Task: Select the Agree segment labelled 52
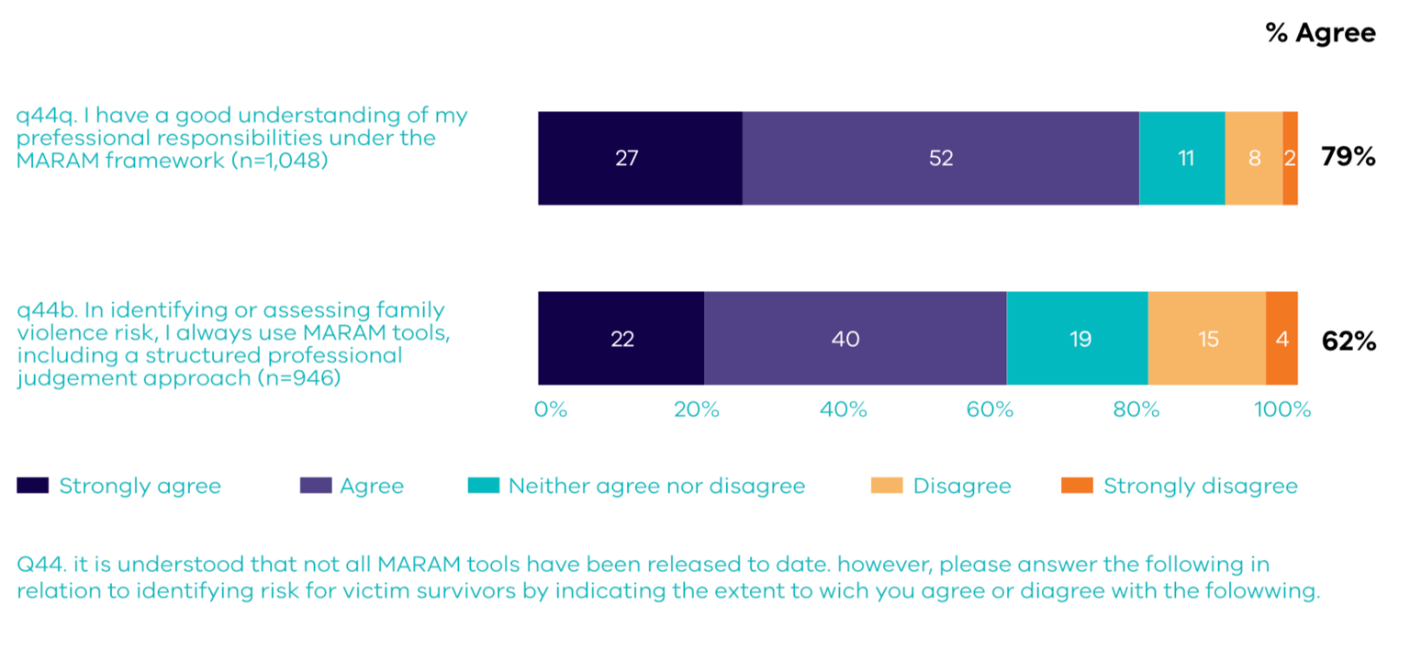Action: point(940,158)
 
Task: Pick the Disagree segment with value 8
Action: point(1254,158)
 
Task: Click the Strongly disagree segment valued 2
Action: point(1290,158)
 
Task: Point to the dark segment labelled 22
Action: point(621,339)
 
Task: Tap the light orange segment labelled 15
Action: point(1207,339)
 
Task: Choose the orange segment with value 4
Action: point(1281,339)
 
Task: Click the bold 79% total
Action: point(1348,158)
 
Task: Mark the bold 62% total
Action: point(1348,342)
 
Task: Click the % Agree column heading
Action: point(1320,34)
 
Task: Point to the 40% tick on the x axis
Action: point(843,409)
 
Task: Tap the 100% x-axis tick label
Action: point(1282,409)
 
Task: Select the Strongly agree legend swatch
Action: point(32,486)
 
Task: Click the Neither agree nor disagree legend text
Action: point(656,486)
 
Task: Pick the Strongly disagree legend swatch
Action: point(1076,486)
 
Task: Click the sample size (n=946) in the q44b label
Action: point(297,377)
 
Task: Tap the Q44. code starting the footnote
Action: point(39,564)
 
